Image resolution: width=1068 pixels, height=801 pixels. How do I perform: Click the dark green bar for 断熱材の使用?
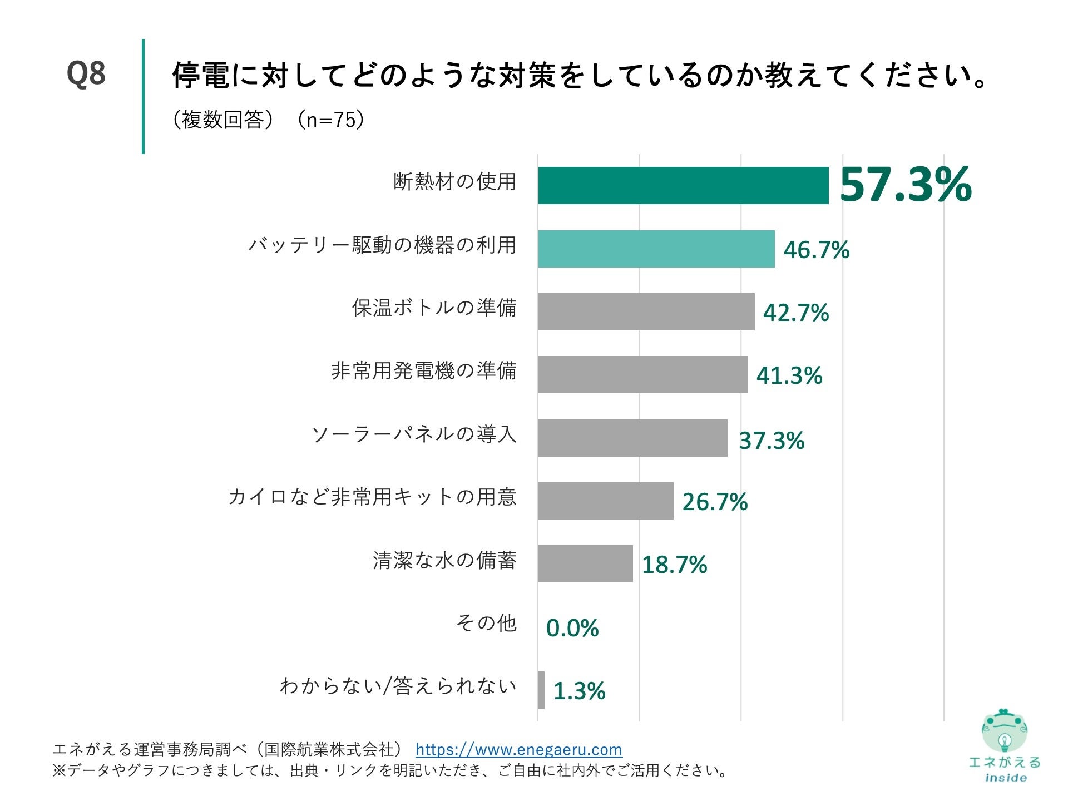click(x=683, y=185)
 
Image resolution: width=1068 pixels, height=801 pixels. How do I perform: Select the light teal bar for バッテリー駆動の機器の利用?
click(x=656, y=249)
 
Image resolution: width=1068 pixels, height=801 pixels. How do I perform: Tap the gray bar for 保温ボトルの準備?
click(x=646, y=311)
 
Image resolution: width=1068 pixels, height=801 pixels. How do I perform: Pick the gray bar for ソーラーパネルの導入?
click(x=632, y=438)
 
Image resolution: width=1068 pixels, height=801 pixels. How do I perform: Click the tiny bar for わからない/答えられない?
click(x=541, y=690)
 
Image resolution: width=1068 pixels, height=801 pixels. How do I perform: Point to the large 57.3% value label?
click(x=905, y=185)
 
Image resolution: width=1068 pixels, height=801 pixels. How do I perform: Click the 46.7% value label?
click(x=816, y=250)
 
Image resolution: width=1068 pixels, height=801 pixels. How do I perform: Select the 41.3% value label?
click(x=789, y=375)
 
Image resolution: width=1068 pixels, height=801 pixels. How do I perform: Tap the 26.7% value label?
click(x=715, y=502)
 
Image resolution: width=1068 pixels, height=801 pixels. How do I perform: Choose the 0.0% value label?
click(x=572, y=628)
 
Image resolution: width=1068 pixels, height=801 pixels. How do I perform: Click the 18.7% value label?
click(x=674, y=565)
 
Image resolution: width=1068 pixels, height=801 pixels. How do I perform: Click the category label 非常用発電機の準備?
click(x=423, y=370)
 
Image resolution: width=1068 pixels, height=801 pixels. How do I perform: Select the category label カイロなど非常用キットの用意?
click(x=372, y=497)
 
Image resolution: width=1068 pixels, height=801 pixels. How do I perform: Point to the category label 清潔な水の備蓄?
click(x=444, y=560)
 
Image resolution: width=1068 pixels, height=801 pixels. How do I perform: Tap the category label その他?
click(x=486, y=623)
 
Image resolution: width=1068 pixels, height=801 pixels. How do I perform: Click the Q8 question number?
click(x=86, y=73)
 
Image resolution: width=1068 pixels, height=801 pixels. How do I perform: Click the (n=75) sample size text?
click(x=330, y=120)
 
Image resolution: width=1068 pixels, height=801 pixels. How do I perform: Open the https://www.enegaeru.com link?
click(x=518, y=749)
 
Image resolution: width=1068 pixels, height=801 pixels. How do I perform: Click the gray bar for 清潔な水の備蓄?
click(x=585, y=563)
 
